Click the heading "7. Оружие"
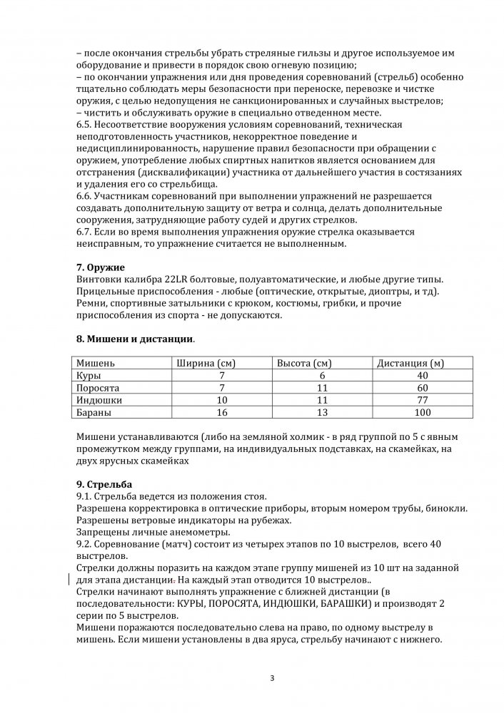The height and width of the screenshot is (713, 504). (x=100, y=267)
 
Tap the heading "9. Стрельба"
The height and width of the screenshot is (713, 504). (x=104, y=484)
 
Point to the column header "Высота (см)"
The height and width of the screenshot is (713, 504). (x=305, y=363)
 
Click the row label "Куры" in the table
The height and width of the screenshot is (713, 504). (x=89, y=375)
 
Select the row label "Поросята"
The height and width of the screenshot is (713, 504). (x=98, y=388)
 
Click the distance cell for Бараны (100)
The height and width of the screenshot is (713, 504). (x=423, y=413)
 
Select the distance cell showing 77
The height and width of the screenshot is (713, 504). (x=423, y=400)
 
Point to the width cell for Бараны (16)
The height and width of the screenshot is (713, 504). (x=222, y=413)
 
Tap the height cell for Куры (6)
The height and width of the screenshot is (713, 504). (x=323, y=375)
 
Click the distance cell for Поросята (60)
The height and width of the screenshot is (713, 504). (x=423, y=388)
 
